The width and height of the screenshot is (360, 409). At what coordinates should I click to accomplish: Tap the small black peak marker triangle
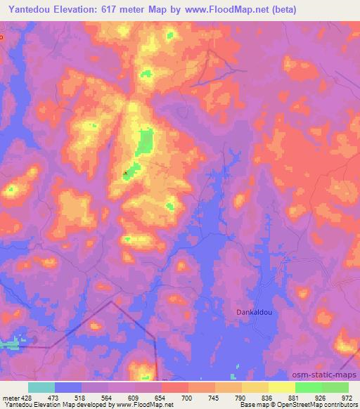tap(126, 171)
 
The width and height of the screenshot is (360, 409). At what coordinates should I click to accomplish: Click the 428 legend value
tap(26, 398)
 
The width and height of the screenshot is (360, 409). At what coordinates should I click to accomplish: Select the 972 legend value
tap(348, 398)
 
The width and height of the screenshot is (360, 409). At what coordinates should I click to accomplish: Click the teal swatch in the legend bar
tap(41, 387)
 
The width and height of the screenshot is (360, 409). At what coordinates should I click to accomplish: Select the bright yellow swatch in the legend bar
tap(282, 387)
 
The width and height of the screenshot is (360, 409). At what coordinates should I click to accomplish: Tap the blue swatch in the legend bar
tap(68, 387)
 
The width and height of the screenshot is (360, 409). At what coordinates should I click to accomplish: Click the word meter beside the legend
tap(10, 398)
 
